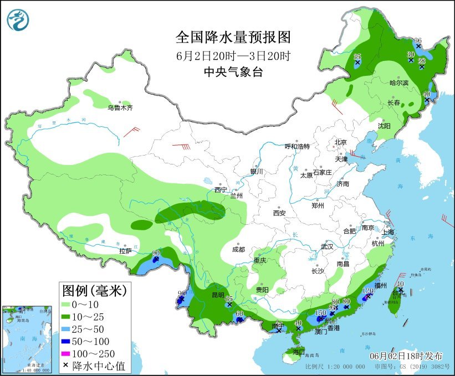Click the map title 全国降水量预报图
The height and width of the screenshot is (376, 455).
233,37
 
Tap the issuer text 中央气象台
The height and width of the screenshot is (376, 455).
233,71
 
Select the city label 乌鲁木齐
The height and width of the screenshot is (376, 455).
120,107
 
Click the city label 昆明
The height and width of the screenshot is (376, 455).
217,295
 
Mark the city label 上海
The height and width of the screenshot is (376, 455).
387,232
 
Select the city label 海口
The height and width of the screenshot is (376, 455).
299,352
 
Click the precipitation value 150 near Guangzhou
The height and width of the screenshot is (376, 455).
320,313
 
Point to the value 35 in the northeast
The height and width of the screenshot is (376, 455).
357,56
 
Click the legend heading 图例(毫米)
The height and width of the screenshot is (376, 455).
94,290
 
